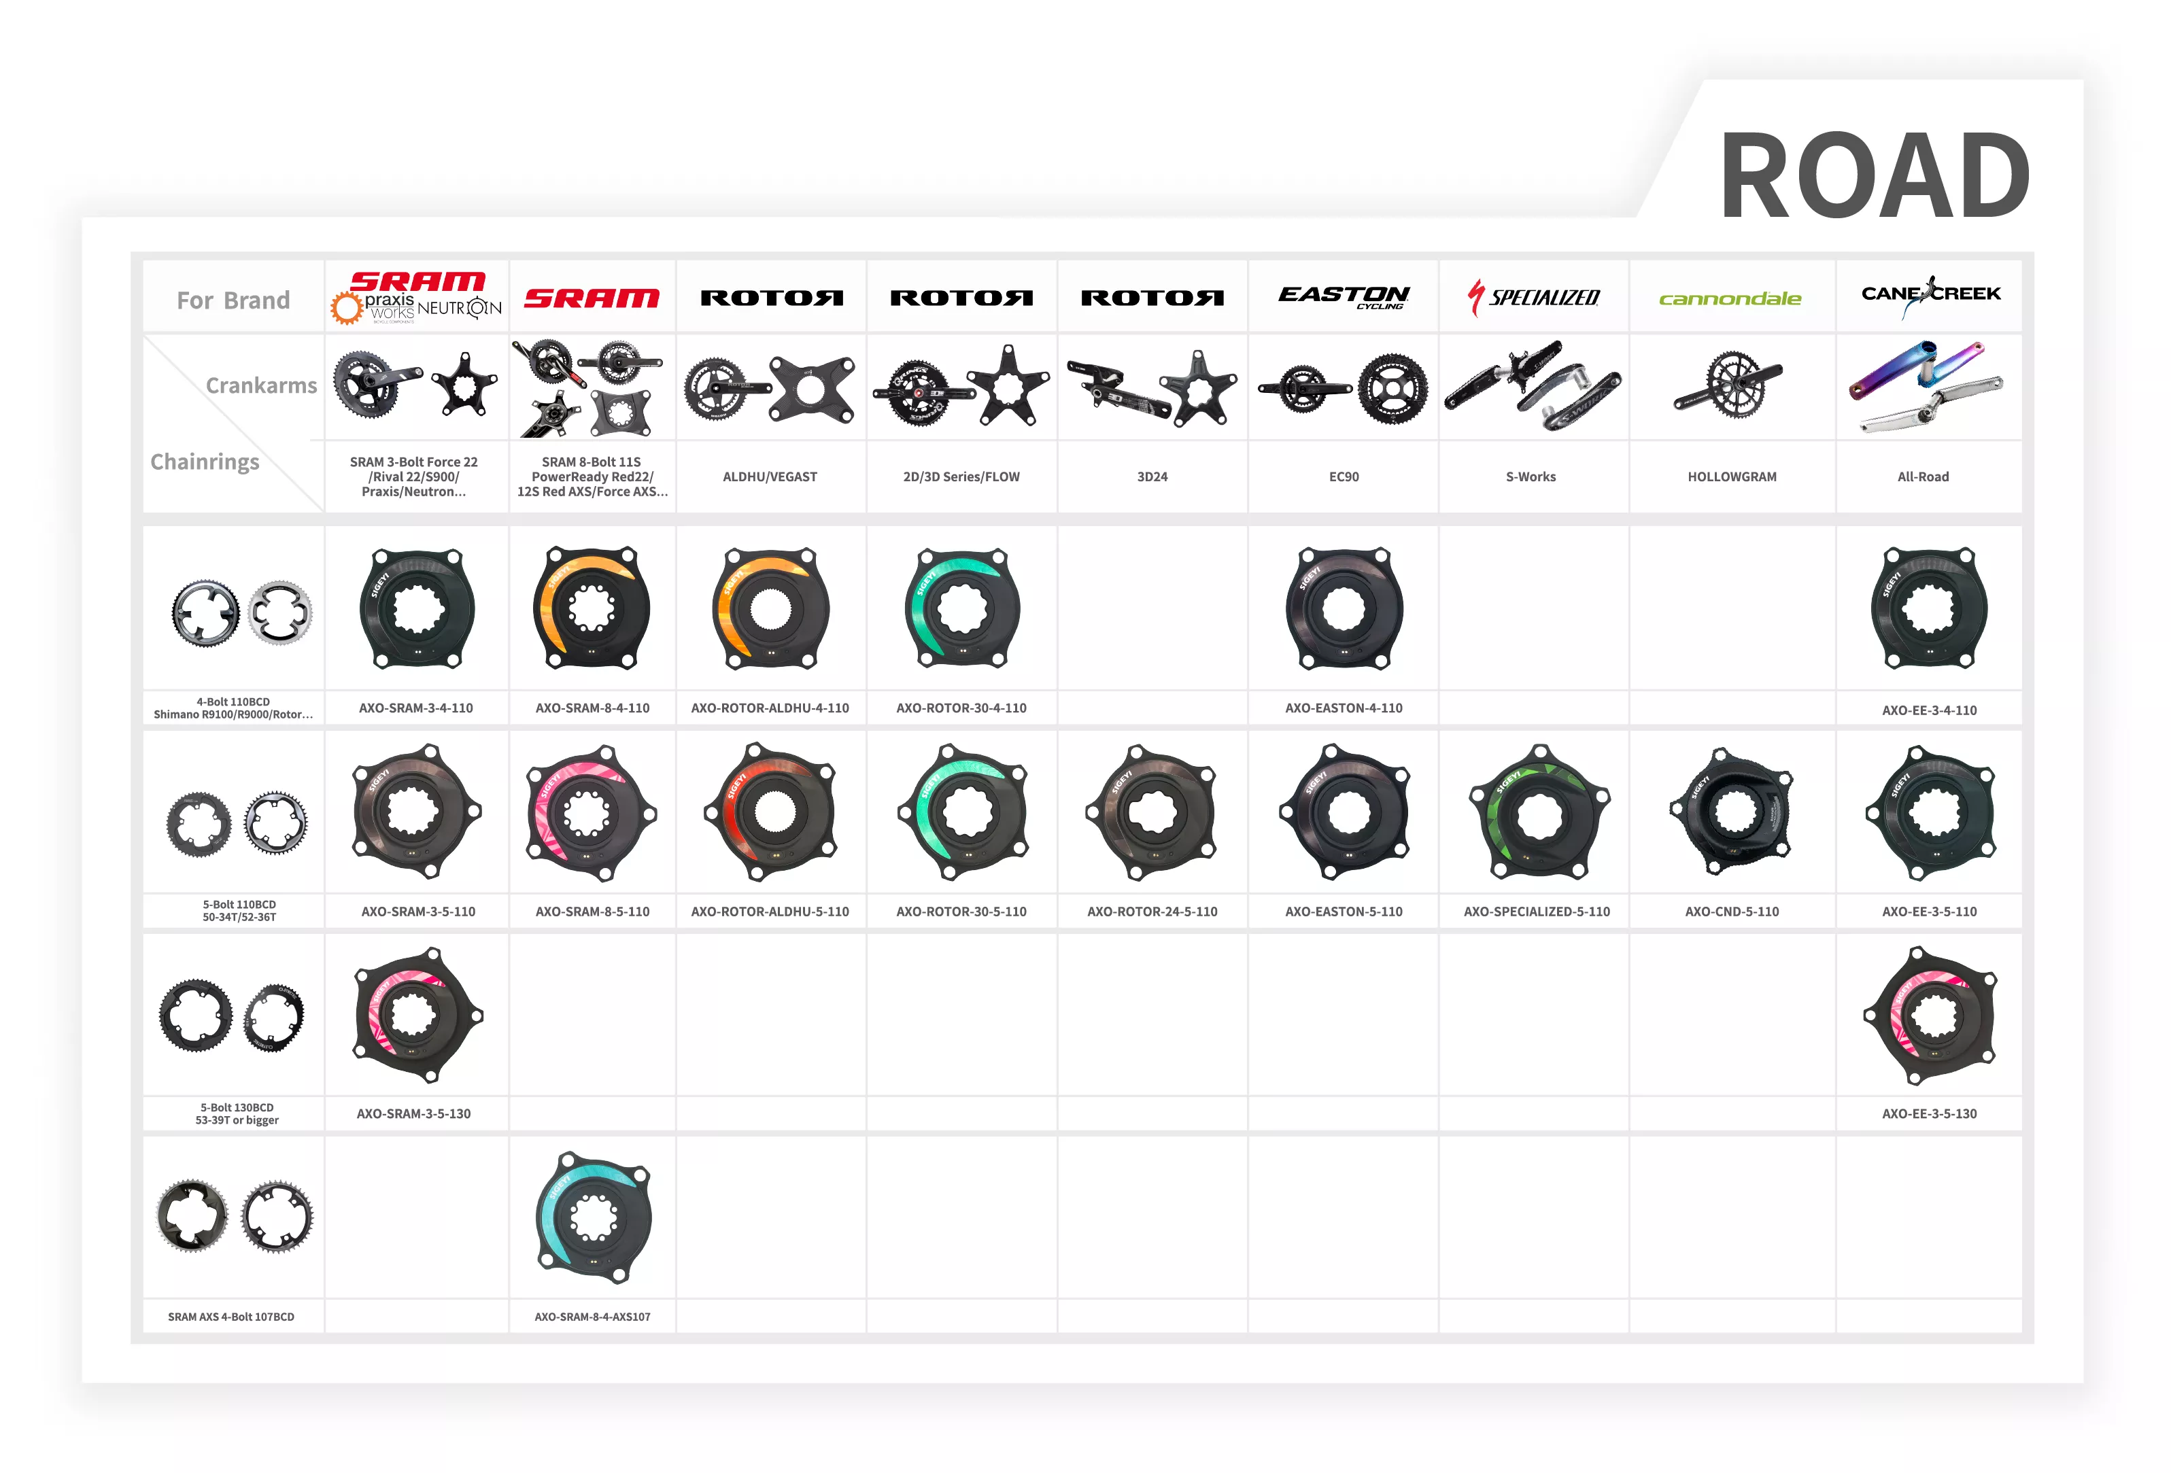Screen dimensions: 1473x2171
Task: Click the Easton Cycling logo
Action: (1344, 297)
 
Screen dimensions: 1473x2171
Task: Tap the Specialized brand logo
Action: (1533, 298)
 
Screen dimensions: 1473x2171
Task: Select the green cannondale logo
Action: (1730, 299)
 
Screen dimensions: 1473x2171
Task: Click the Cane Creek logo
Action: (1930, 295)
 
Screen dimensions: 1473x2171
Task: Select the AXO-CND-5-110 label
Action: (1731, 912)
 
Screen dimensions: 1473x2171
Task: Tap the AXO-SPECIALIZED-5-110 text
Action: (1536, 912)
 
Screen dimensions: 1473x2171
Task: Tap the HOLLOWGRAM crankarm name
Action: (1731, 476)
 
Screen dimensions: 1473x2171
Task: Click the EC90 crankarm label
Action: (1344, 476)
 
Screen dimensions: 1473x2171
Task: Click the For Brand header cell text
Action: (233, 300)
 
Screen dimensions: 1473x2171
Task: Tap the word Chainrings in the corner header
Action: (205, 462)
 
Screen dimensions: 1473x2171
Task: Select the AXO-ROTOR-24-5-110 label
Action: (1152, 912)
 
